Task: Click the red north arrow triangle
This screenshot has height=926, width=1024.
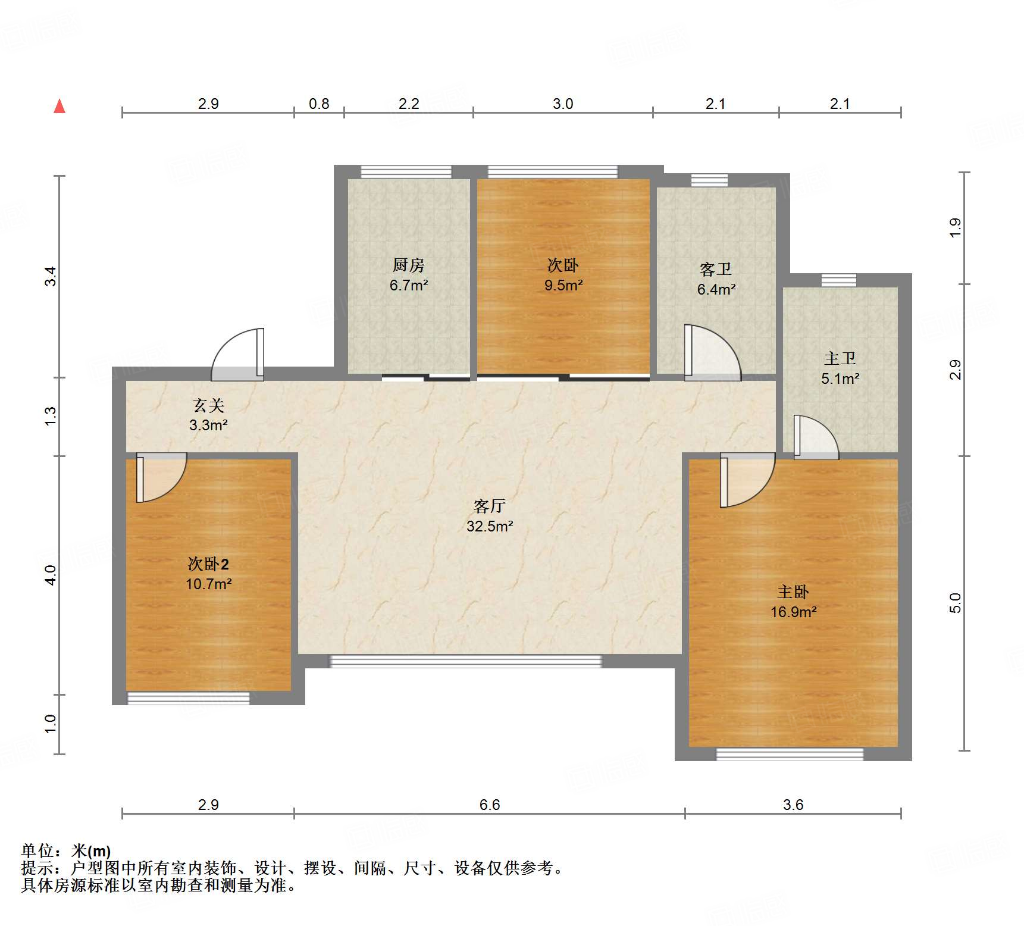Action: [x=60, y=107]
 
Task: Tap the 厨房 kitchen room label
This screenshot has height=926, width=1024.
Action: [x=409, y=265]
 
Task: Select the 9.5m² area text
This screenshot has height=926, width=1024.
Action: [x=563, y=286]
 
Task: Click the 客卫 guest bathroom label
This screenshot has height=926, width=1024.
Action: [x=716, y=270]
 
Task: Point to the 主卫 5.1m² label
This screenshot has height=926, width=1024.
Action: [x=840, y=368]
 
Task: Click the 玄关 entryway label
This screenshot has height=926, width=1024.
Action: [x=209, y=406]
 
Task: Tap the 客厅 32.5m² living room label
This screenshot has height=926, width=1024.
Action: [x=490, y=516]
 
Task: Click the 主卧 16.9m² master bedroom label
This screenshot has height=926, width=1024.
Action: [x=793, y=602]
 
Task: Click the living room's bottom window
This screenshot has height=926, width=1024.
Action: [x=465, y=661]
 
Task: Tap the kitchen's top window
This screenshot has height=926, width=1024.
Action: [x=406, y=172]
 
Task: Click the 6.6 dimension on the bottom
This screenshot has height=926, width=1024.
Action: [x=490, y=805]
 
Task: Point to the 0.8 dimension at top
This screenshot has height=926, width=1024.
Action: [x=319, y=104]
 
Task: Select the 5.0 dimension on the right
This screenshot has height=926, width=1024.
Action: [x=954, y=603]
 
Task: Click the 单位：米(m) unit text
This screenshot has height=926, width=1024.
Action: [x=66, y=851]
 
